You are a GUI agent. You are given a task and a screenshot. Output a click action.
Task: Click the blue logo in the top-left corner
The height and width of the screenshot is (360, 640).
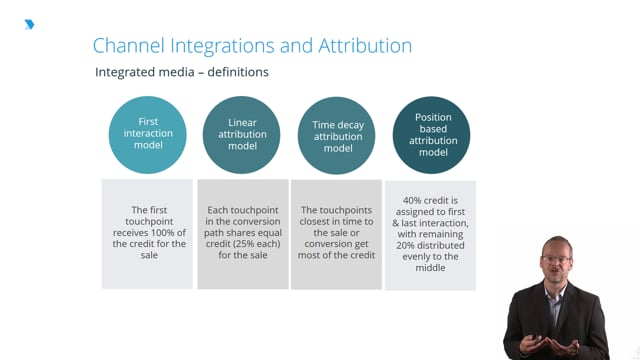point(29,24)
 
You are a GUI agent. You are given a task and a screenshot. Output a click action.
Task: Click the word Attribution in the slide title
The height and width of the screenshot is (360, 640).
point(365,45)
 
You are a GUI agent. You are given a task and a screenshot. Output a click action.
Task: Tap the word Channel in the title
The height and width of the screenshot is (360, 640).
point(129,45)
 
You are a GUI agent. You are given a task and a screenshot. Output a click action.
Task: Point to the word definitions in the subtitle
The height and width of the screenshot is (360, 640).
point(238,72)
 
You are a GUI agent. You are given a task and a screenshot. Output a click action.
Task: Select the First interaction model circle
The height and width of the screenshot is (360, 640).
point(147,135)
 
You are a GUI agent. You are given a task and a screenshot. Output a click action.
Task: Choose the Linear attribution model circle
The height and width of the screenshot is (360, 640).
point(242,135)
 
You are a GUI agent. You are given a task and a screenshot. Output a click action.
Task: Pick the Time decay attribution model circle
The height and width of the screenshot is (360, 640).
point(336,135)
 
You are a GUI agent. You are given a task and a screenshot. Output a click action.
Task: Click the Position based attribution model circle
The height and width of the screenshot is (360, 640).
point(431,135)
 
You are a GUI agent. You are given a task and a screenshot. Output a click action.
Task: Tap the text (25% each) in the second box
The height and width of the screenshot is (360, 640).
point(255,244)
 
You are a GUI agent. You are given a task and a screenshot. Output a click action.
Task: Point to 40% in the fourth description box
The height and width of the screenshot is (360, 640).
point(411,200)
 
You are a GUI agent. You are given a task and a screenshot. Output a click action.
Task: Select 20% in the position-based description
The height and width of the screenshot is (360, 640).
point(404,245)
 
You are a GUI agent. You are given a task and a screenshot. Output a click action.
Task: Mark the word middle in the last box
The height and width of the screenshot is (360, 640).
point(430,268)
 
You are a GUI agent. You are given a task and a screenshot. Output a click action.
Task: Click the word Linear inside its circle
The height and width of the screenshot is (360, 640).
point(242,122)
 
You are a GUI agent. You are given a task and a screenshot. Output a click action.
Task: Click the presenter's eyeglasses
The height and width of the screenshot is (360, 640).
point(556,259)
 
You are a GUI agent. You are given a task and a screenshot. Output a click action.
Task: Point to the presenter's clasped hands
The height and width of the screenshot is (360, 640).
point(551,346)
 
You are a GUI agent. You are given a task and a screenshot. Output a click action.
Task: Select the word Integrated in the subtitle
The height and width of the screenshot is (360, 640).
point(124,72)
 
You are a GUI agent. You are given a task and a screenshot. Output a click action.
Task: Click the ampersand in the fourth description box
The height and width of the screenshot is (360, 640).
point(396,223)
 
